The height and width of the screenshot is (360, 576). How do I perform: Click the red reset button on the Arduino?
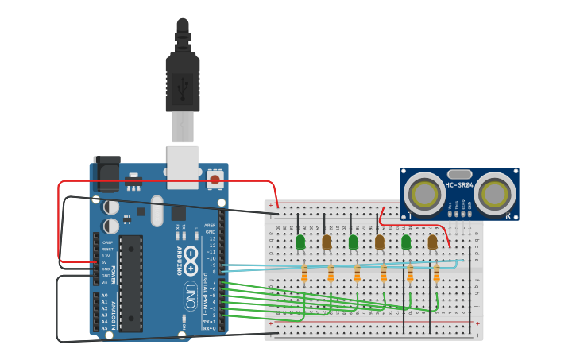[x=215, y=180]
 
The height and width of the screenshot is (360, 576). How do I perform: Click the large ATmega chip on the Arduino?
[x=131, y=282]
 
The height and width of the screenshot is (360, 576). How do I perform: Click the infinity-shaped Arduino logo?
[x=191, y=268]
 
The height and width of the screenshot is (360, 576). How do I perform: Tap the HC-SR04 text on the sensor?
[x=460, y=186]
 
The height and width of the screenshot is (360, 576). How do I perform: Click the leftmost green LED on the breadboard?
[x=300, y=242]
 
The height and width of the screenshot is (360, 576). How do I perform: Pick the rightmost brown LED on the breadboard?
[x=432, y=242]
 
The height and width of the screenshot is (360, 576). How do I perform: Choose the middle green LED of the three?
[x=353, y=242]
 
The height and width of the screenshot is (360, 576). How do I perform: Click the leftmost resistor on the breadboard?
[x=304, y=273]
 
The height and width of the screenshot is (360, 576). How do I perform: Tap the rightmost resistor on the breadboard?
[x=436, y=273]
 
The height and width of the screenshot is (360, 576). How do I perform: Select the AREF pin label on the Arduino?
[x=210, y=225]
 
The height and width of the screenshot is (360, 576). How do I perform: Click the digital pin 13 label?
[x=211, y=238]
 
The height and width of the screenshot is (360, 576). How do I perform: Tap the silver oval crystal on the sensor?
[x=459, y=174]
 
